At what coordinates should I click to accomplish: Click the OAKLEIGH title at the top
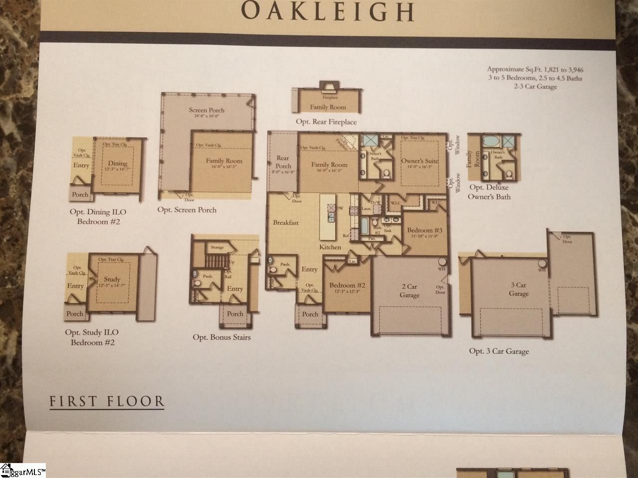click(327, 12)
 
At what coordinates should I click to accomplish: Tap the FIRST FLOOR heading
click(107, 401)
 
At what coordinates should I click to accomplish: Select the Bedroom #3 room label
click(425, 230)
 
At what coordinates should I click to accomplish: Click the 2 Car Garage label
click(409, 291)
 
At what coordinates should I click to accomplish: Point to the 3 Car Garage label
click(518, 289)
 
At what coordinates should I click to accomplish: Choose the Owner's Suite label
click(419, 161)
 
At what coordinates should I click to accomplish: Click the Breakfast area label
click(286, 223)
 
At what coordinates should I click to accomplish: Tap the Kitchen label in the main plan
click(330, 247)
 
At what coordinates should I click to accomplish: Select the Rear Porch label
click(283, 162)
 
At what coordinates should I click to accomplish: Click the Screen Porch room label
click(206, 110)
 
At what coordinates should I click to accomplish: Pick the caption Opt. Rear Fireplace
click(326, 122)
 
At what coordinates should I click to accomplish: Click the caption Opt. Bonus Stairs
click(221, 338)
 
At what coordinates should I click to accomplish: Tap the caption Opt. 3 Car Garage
click(498, 351)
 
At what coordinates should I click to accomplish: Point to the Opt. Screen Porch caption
click(187, 210)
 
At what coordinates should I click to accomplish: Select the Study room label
click(112, 280)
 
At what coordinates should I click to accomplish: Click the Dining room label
click(118, 163)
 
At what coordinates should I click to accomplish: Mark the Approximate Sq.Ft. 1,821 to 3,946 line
click(534, 69)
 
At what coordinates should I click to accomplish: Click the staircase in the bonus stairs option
click(217, 261)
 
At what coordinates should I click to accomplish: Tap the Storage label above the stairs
click(217, 247)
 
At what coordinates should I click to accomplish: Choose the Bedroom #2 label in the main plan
click(347, 285)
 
